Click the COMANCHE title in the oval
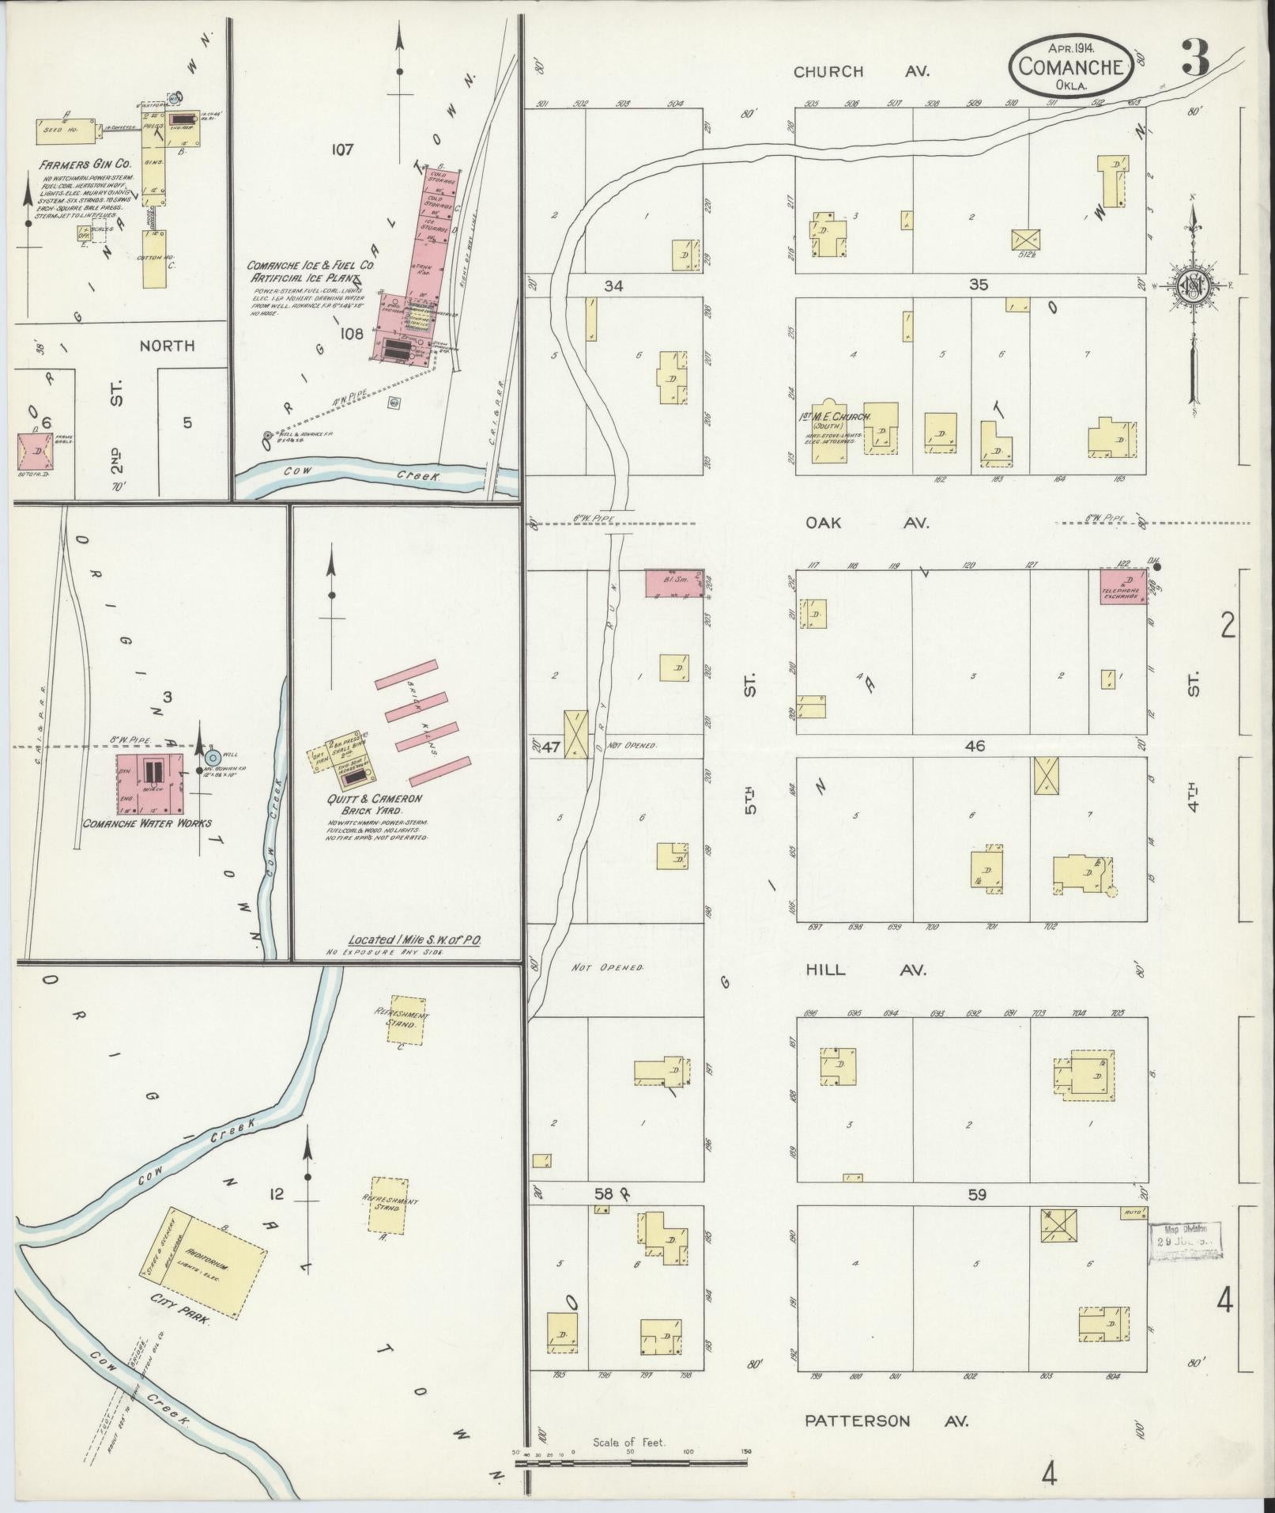(x=1071, y=66)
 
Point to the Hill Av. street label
(x=866, y=970)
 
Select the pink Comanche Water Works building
(x=151, y=781)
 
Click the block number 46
(x=975, y=745)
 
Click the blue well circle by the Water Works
(x=212, y=756)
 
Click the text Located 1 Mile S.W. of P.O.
(x=415, y=940)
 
